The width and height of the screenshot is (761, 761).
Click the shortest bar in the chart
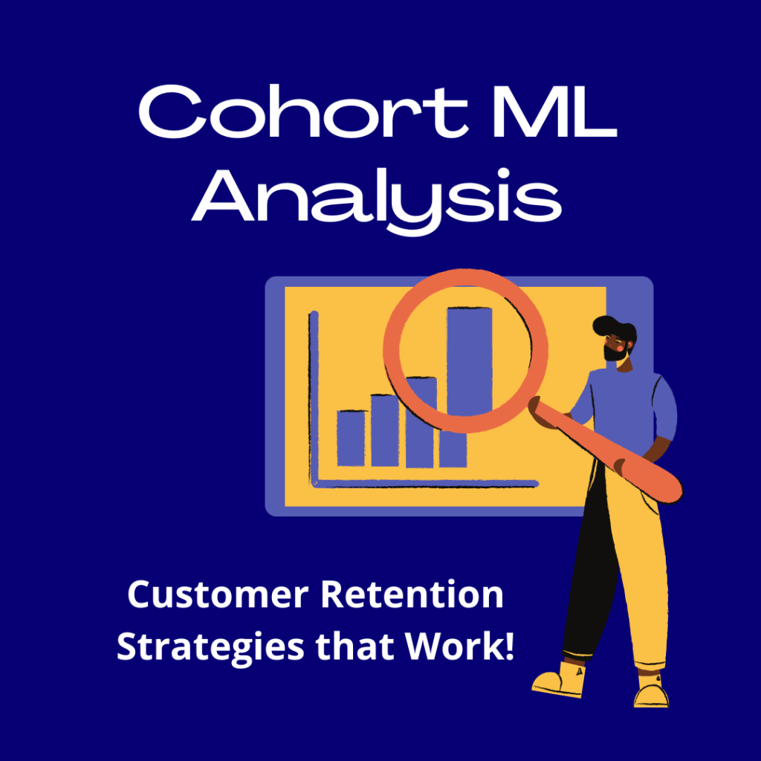pos(351,438)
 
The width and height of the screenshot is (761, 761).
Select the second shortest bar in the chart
pos(385,430)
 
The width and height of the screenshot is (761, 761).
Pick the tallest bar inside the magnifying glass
pos(469,357)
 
